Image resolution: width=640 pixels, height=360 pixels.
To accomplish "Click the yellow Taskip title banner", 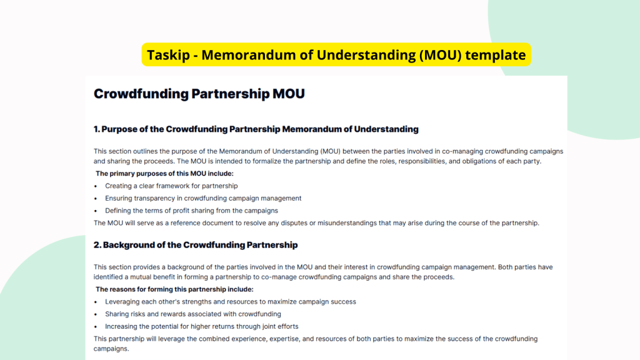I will point(336,54).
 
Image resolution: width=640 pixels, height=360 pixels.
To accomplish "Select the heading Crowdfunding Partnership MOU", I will point(199,94).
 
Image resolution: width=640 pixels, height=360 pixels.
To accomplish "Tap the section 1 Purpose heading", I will point(256,129).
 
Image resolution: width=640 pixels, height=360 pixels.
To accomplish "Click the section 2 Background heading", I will point(196,245).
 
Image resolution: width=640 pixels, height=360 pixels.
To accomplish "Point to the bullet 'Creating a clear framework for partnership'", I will point(171,186).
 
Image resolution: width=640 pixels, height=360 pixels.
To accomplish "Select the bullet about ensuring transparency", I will point(203,198).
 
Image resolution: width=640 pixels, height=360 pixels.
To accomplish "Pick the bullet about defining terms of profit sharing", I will point(191,211).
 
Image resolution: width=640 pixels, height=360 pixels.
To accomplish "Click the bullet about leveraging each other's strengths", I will point(230,301).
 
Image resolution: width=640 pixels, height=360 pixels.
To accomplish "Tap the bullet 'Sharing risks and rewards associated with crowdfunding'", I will point(192,314).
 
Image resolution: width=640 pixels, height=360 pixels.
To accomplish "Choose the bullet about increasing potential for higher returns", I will point(201,326).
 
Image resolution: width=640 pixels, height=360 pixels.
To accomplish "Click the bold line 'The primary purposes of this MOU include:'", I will point(164,173).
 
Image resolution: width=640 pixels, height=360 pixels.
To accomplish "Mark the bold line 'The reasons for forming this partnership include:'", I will point(174,289).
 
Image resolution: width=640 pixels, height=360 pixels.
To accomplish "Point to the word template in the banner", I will point(496,55).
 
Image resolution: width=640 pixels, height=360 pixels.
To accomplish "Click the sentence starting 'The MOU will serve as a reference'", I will point(316,222).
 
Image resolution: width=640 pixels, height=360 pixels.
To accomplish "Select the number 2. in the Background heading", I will point(97,245).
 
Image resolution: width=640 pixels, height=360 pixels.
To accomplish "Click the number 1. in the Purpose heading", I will point(97,129).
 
